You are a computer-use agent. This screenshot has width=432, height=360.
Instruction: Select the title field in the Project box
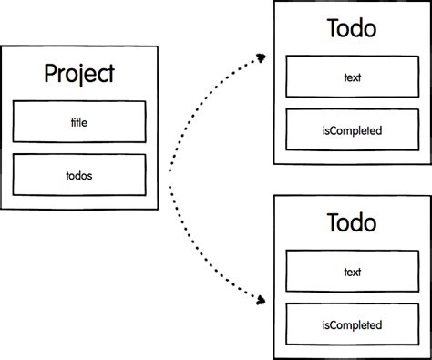point(79,121)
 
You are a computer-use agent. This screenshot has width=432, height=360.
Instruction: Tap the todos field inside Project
point(79,174)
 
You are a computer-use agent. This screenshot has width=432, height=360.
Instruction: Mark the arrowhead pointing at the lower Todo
point(262,298)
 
